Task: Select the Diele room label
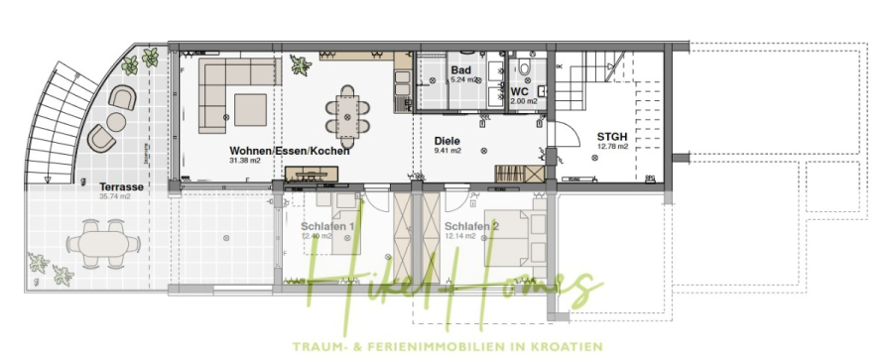click(448, 141)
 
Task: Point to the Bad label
click(460, 70)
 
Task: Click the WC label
click(519, 91)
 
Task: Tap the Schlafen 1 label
click(327, 226)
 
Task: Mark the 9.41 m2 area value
click(448, 152)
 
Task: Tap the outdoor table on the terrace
click(97, 241)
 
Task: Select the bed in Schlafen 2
click(512, 243)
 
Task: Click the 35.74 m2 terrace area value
click(116, 196)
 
